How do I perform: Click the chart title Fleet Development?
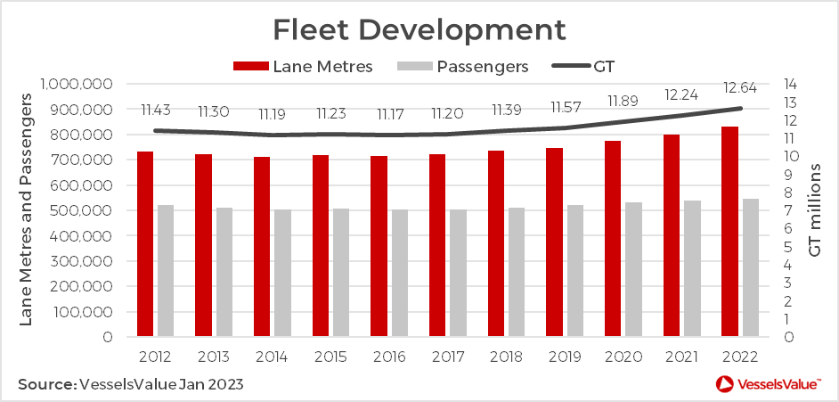point(419,29)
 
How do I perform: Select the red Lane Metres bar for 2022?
point(729,232)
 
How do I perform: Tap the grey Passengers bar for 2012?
point(165,271)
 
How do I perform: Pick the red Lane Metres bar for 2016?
point(379,247)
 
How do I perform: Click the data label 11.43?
point(157,110)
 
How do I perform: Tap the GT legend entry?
point(584,66)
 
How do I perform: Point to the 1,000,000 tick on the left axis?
point(77,85)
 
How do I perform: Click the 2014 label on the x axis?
point(272,357)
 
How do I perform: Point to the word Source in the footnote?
point(45,384)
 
